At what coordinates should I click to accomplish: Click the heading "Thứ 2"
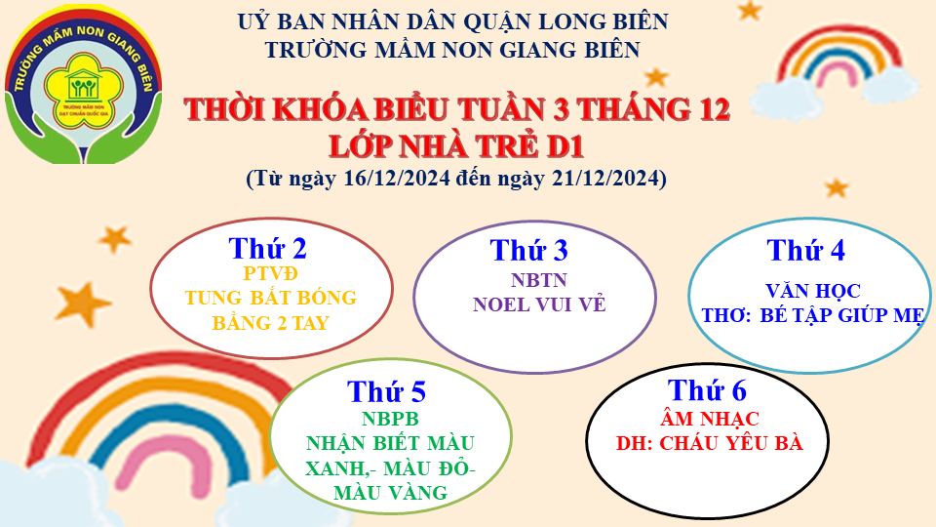[267, 248]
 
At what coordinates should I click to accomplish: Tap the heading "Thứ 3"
[528, 250]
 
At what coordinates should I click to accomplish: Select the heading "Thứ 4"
[806, 250]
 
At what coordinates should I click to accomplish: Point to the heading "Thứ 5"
[387, 392]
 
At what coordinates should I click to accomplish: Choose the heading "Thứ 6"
[708, 390]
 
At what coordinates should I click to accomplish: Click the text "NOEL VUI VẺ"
[539, 304]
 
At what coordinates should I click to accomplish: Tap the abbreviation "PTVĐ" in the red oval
[270, 273]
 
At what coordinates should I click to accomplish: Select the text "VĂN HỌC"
[813, 291]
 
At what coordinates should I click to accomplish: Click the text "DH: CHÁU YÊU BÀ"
[710, 443]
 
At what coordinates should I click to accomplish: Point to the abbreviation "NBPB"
[390, 419]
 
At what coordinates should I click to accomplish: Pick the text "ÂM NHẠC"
[710, 419]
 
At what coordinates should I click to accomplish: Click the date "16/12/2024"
[397, 178]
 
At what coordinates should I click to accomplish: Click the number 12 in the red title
[711, 109]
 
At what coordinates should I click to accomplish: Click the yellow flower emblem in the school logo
[83, 90]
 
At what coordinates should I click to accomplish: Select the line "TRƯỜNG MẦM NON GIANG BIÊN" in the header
[453, 49]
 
